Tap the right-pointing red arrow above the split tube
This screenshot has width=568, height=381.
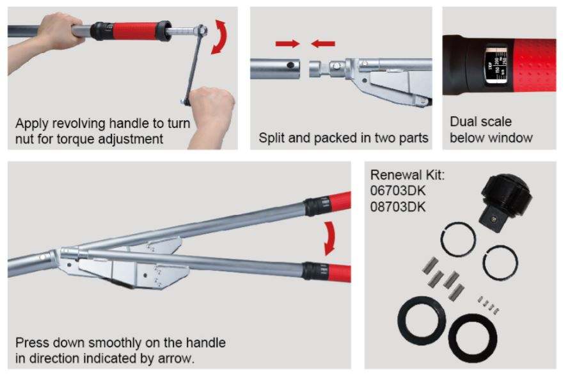286,44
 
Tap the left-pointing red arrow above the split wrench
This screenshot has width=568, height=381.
324,44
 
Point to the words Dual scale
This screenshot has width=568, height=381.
480,121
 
